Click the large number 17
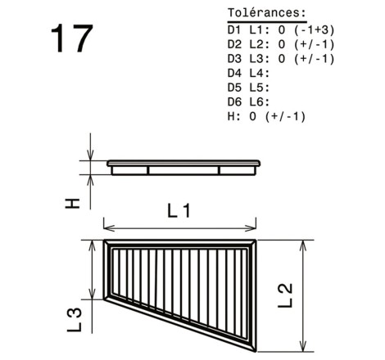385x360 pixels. [x=72, y=38]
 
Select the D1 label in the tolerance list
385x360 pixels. [x=234, y=30]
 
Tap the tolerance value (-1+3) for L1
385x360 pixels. [x=315, y=30]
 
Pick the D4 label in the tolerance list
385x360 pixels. [x=234, y=73]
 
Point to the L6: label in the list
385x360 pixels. [x=260, y=102]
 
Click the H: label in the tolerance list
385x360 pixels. [x=234, y=116]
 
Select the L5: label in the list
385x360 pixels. [x=260, y=88]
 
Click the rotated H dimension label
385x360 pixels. [x=72, y=203]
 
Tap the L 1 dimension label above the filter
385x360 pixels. [x=179, y=211]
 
